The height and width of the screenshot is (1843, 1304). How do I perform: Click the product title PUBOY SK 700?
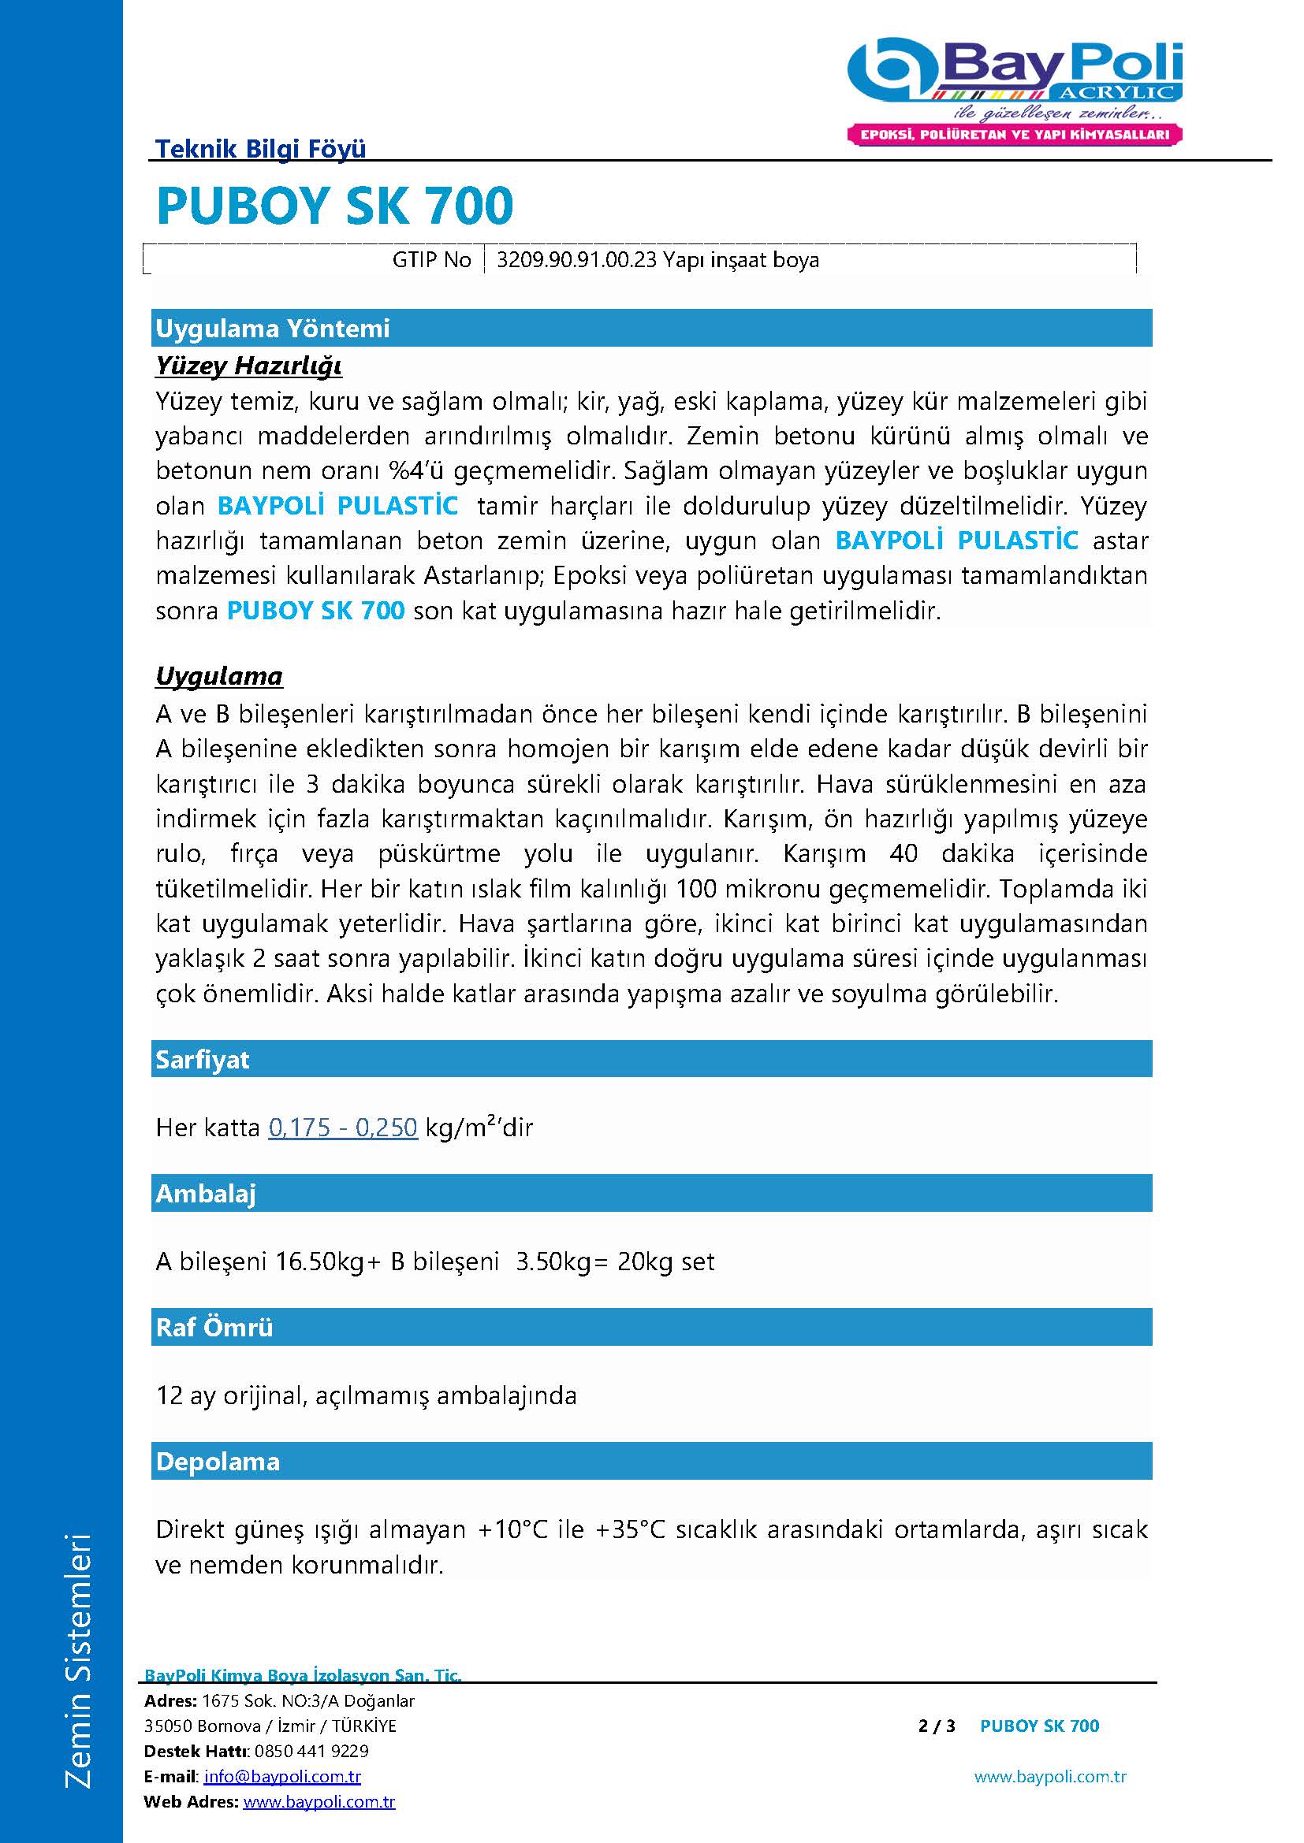[334, 206]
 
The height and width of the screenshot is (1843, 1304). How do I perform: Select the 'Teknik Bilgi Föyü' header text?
[260, 148]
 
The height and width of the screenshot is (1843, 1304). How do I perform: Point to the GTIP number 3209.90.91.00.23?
[576, 260]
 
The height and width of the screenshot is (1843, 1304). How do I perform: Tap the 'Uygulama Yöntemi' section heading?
[272, 329]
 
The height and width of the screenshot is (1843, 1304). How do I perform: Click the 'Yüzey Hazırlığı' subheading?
[249, 366]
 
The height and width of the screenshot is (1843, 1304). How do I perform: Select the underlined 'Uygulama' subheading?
[219, 676]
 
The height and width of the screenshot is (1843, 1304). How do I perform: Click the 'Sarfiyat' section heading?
[203, 1060]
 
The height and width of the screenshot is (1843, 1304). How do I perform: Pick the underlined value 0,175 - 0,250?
[343, 1128]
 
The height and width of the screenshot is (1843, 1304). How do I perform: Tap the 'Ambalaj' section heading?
[206, 1194]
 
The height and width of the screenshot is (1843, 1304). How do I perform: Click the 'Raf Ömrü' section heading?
[214, 1328]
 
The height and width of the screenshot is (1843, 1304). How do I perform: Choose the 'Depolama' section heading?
[218, 1462]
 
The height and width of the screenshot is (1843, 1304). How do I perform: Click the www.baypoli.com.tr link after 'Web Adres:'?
[319, 1802]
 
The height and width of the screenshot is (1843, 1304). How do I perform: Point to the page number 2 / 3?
[937, 1726]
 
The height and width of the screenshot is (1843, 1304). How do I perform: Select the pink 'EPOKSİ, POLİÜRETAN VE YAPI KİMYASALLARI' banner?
[1015, 135]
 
